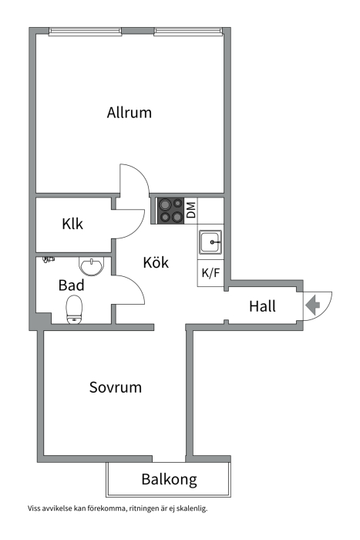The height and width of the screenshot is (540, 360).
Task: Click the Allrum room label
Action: [129, 113]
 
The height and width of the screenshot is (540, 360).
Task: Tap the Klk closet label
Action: [72, 224]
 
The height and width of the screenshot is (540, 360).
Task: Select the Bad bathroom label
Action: [71, 285]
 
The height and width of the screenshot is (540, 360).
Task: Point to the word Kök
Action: [156, 262]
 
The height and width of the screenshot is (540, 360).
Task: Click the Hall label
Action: [262, 306]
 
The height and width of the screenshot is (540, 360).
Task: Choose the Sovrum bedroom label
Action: [116, 387]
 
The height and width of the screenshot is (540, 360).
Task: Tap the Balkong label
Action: [169, 479]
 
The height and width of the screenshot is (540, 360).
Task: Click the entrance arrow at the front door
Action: [313, 305]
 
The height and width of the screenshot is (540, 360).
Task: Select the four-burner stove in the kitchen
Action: [170, 211]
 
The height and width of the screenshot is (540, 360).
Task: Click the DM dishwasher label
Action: [191, 210]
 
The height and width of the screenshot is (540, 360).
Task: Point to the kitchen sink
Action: [210, 241]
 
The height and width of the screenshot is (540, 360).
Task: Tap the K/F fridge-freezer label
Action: [210, 273]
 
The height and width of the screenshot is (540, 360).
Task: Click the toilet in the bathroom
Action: [74, 310]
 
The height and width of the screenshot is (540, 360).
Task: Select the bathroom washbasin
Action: [91, 266]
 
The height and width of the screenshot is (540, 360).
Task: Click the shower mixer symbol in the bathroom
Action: [49, 259]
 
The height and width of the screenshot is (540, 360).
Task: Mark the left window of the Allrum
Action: [85, 32]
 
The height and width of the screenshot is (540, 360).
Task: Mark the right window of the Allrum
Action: [188, 32]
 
